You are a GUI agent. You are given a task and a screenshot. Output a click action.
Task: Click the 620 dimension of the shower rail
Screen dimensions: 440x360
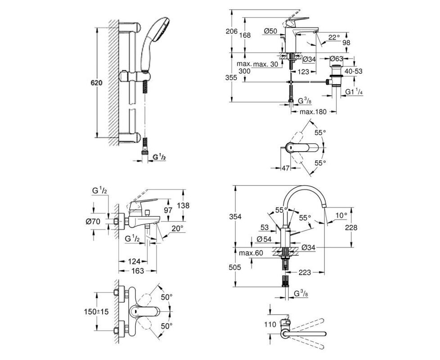pos(96,83)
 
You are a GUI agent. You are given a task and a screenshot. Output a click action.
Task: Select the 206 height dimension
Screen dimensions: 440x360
pos(232,31)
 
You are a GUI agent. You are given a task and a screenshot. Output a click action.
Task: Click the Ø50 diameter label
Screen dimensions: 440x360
pos(270,31)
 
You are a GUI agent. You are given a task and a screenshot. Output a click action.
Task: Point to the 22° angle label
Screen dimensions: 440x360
pos(334,37)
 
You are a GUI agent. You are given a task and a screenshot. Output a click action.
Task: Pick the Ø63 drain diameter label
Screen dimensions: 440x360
pos(337,58)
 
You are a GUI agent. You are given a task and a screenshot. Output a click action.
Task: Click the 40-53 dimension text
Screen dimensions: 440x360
pos(353,71)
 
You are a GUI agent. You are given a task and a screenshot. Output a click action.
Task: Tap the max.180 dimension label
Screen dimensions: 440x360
pos(313,112)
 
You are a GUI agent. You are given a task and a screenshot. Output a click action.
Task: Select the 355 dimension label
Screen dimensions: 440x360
pos(231,78)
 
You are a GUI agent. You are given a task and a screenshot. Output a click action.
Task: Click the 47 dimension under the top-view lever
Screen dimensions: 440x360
pos(285,168)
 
